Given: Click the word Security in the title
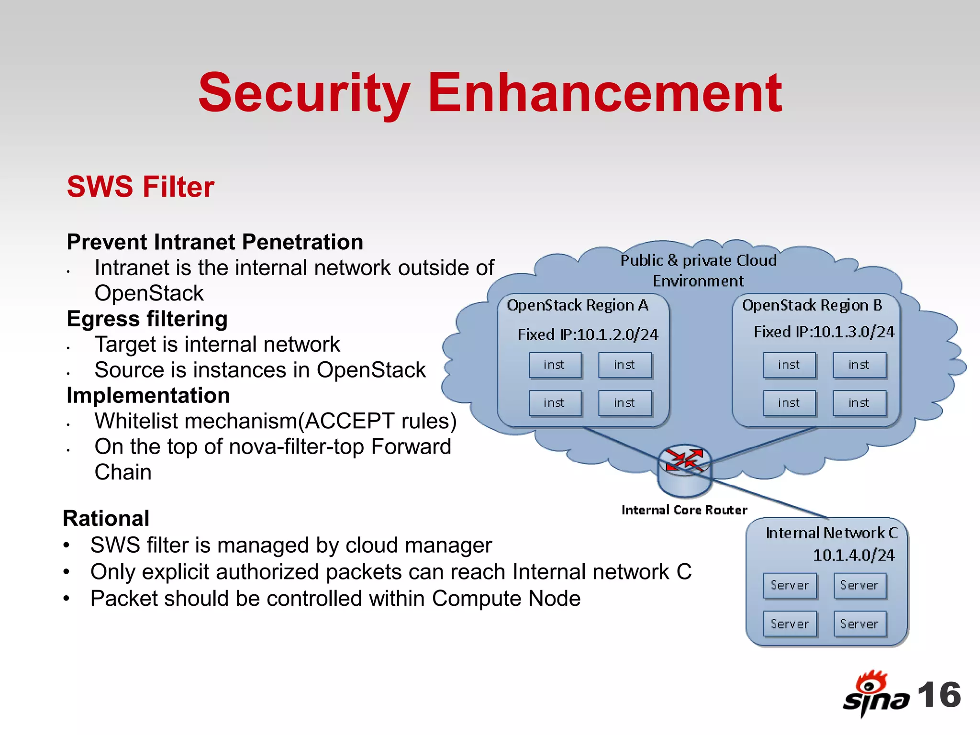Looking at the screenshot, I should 304,93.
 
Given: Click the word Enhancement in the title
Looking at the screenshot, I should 605,93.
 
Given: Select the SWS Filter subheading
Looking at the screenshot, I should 140,187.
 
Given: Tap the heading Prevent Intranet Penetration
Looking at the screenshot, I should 215,242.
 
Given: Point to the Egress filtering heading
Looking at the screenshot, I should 147,319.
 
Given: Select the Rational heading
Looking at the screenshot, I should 106,519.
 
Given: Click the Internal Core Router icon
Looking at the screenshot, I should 684,471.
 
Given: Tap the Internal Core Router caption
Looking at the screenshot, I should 684,510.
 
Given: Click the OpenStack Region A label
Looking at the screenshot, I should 578,305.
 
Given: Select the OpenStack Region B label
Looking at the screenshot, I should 812,305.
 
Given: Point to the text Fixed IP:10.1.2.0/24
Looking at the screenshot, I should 588,334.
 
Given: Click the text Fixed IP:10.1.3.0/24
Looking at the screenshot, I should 824,332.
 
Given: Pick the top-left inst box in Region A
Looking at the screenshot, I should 555,365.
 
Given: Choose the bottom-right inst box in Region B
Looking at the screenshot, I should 859,403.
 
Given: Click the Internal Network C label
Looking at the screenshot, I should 832,533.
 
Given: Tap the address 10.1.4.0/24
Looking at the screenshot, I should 854,555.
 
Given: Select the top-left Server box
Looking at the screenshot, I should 790,585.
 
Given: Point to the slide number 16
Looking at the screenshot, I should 939,695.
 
